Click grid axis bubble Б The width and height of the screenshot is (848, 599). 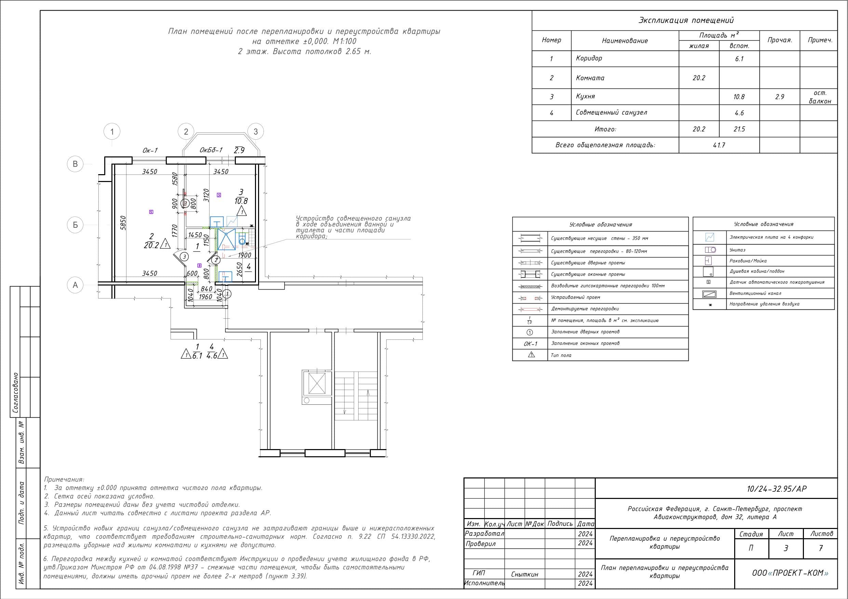[75, 225]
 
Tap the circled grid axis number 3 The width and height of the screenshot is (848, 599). [256, 131]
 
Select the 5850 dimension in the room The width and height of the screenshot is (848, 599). [123, 223]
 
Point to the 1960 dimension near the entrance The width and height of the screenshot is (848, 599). [205, 297]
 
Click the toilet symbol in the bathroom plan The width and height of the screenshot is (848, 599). [242, 239]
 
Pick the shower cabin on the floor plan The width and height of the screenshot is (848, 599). [226, 239]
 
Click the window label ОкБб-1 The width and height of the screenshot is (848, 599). [211, 150]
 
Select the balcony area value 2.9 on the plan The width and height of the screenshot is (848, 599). [239, 150]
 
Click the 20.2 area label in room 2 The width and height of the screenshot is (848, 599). [151, 245]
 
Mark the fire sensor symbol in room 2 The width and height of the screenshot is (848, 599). [151, 212]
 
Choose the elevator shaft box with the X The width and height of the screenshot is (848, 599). [317, 383]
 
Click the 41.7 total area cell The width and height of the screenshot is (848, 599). [719, 145]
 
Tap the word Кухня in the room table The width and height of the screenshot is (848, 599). [585, 96]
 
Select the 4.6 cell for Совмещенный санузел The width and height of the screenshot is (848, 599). [739, 113]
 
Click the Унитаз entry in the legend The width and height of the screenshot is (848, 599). [737, 250]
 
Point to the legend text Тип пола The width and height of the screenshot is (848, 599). [561, 355]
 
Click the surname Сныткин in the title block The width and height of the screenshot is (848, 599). [525, 574]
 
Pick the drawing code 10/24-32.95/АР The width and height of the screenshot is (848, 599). [776, 489]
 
